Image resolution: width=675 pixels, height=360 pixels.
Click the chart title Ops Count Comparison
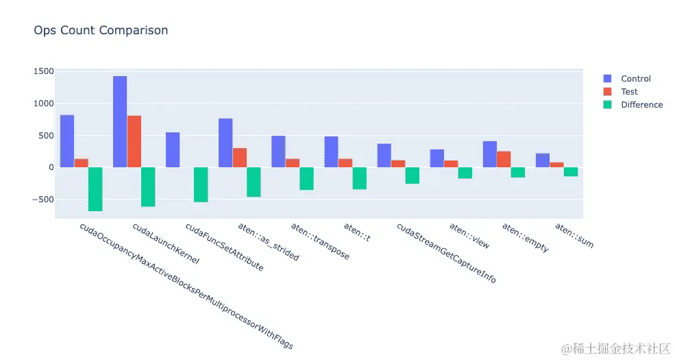101,30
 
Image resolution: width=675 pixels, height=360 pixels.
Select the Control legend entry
635,79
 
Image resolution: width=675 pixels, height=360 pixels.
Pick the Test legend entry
628,92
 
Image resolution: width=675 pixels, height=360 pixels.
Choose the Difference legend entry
641,105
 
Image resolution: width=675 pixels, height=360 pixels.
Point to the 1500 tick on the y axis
42,71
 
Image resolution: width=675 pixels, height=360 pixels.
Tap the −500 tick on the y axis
41,200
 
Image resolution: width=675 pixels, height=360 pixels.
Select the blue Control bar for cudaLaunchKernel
120,121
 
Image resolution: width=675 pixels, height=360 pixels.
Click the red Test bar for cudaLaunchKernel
134,141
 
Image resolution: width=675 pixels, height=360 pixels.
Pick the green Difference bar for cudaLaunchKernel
148,187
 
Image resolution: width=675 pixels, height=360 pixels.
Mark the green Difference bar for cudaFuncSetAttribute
201,184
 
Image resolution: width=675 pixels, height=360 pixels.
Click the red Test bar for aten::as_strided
239,158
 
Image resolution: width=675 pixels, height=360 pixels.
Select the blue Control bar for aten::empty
489,154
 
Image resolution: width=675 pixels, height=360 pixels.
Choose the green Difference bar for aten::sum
570,171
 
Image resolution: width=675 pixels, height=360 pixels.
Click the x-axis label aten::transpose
320,241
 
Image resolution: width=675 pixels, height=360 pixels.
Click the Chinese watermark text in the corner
615,348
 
